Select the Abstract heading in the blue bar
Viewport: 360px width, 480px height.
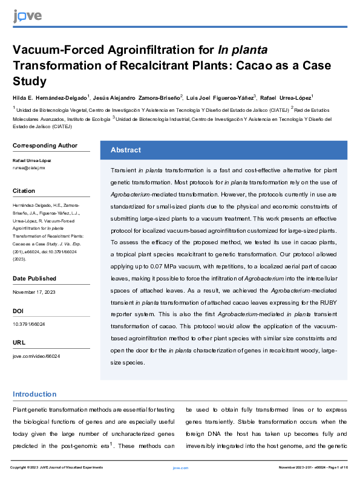pyautogui.click(x=126, y=150)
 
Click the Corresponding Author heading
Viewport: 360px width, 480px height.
pyautogui.click(x=45, y=145)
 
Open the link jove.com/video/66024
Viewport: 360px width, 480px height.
pyautogui.click(x=36, y=356)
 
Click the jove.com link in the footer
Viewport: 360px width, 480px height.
pyautogui.click(x=180, y=468)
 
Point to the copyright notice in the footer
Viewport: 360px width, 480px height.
pyautogui.click(x=57, y=468)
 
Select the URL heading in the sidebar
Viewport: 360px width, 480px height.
pyautogui.click(x=19, y=343)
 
